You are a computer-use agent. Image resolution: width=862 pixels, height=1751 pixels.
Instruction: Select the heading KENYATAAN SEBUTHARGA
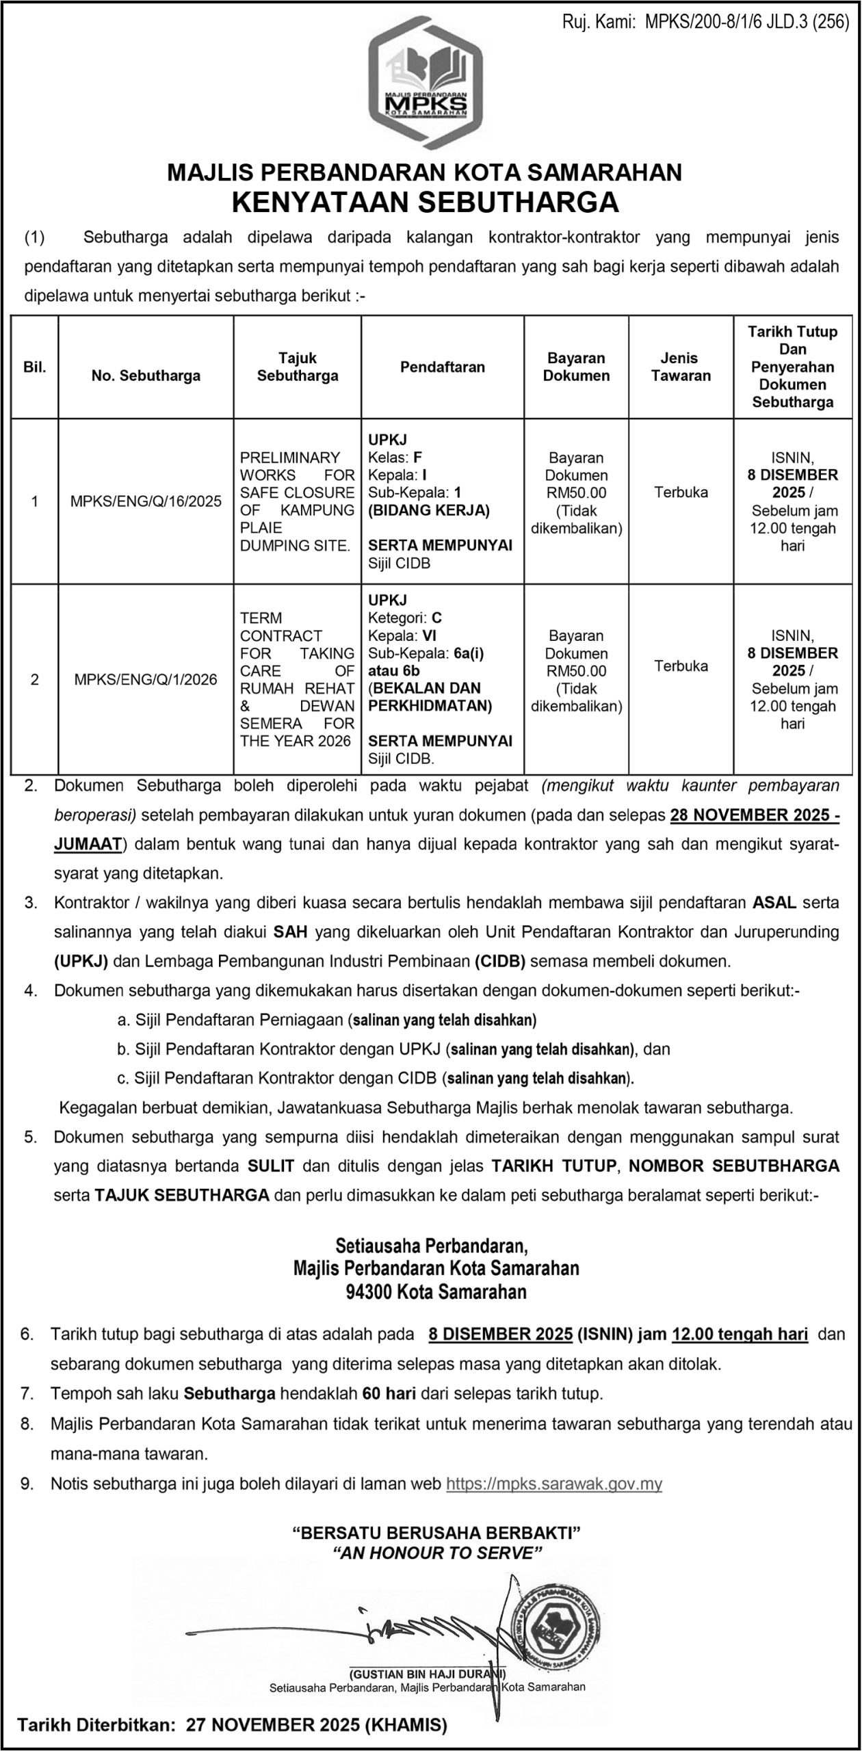[x=425, y=203]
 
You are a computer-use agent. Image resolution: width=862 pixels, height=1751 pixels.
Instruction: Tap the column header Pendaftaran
[x=443, y=367]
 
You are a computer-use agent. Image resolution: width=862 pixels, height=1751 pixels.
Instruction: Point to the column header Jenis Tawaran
[x=681, y=367]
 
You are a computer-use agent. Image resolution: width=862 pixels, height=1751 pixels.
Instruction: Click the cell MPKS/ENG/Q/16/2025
[x=146, y=501]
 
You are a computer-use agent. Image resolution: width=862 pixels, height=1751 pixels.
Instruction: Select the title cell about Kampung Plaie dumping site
[x=297, y=501]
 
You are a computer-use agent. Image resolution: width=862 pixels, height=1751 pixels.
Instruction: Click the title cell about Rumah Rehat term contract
[x=297, y=679]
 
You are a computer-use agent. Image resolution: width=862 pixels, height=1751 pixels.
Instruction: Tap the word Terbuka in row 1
[x=681, y=492]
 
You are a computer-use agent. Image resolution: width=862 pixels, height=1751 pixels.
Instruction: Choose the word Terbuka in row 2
[x=681, y=666]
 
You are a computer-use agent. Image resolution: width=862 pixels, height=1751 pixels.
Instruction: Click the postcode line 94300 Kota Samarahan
[x=436, y=1291]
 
